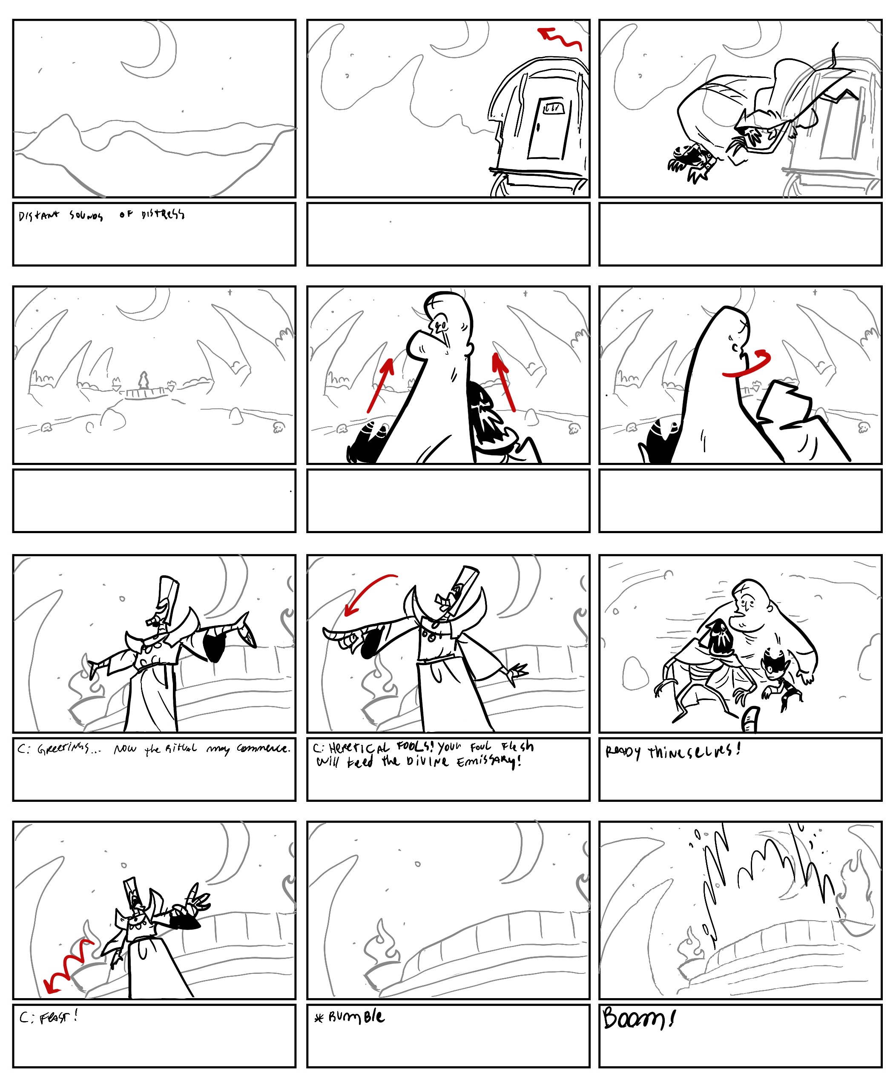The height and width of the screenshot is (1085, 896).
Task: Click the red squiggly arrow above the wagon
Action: pyautogui.click(x=560, y=39)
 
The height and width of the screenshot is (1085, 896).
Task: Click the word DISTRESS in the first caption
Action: pyautogui.click(x=163, y=214)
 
